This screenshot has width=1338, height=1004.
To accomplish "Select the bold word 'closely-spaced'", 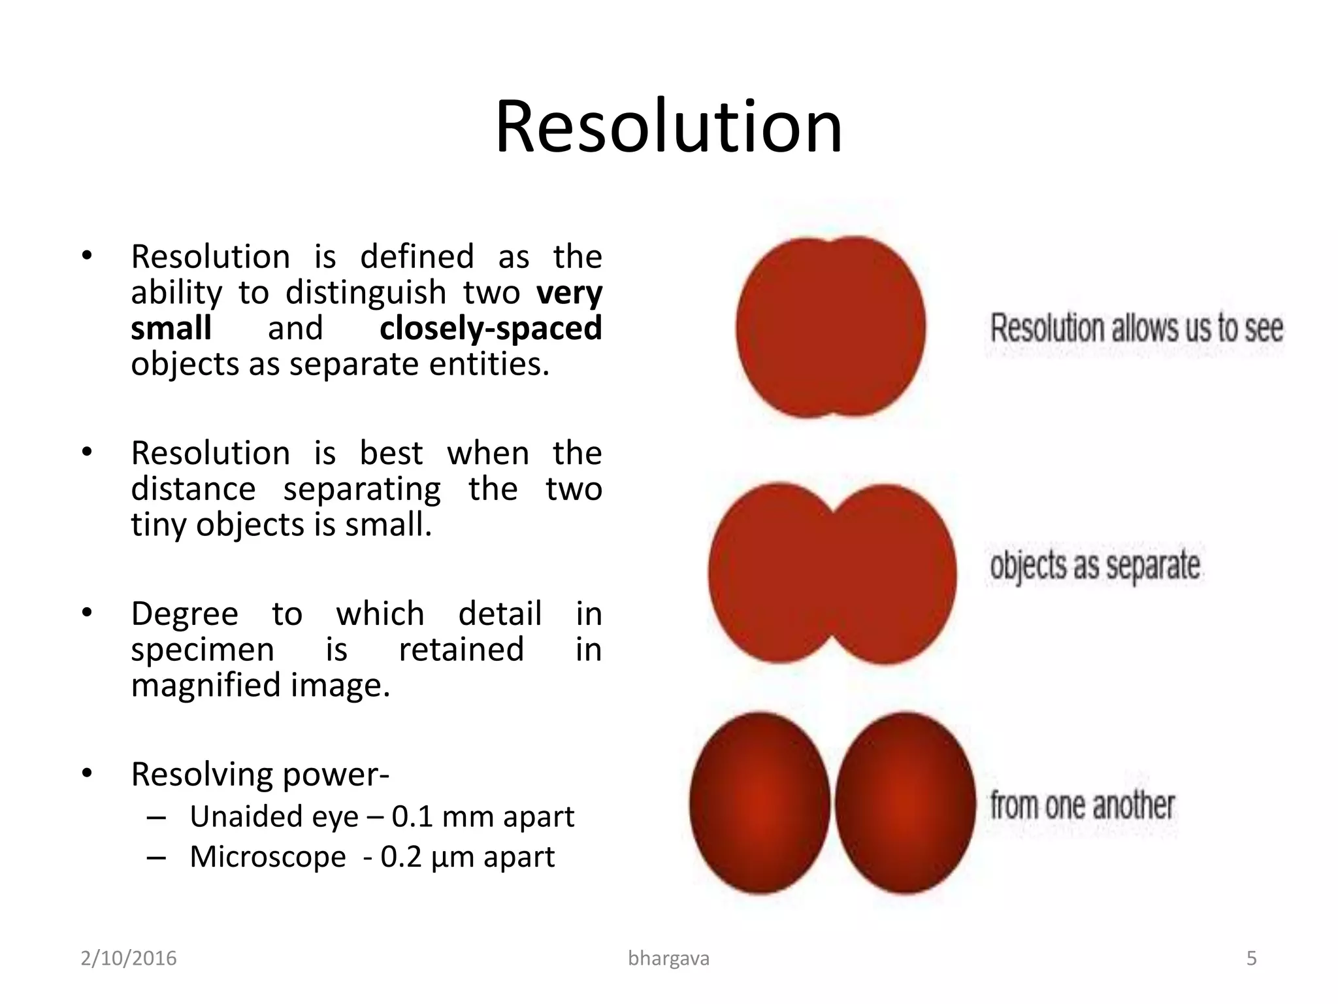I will click(491, 329).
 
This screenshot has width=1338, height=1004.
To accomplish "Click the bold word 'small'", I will click(171, 329).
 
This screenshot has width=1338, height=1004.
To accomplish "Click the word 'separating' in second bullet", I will click(362, 490).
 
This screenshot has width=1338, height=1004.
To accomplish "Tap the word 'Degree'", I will click(185, 614).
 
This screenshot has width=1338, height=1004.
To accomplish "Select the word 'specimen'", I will click(203, 650).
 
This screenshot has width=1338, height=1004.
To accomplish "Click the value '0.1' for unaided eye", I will click(412, 817).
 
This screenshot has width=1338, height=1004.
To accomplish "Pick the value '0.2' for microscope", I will click(401, 858).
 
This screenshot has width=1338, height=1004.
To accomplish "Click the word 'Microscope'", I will click(268, 858).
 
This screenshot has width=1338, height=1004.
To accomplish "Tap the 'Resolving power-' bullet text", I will click(260, 775).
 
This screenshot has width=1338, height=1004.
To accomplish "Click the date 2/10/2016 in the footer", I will click(129, 958).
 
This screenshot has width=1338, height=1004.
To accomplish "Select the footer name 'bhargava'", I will click(668, 958).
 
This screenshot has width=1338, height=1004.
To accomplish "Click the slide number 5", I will click(1251, 958).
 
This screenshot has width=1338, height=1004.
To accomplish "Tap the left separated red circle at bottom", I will click(760, 803).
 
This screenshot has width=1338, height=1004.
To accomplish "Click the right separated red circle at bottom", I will click(905, 803).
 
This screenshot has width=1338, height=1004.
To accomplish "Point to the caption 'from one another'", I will click(1083, 805).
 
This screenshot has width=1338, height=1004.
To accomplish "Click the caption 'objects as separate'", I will click(1095, 566).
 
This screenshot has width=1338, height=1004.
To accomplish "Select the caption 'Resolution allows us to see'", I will click(1137, 329).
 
